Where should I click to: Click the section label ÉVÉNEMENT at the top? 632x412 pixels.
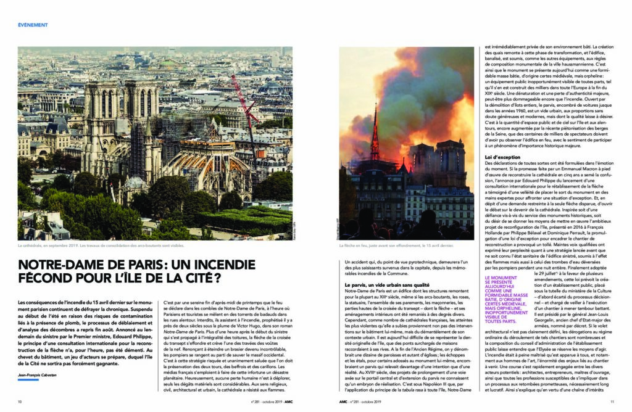point(33,25)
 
